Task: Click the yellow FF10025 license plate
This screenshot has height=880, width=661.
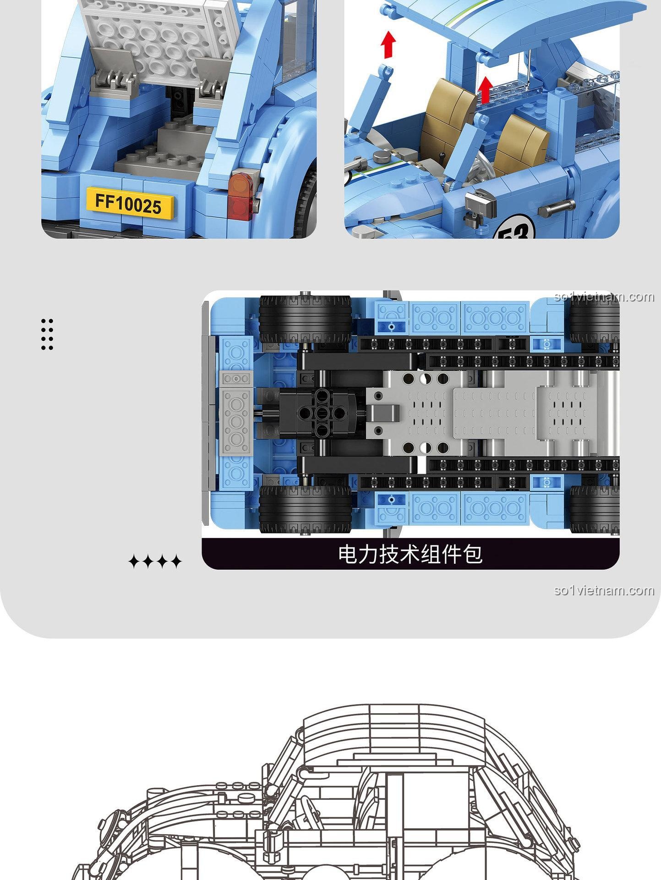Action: pyautogui.click(x=129, y=202)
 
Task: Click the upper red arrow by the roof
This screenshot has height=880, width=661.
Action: pyautogui.click(x=389, y=44)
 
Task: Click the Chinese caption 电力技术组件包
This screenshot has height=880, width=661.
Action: pyautogui.click(x=410, y=554)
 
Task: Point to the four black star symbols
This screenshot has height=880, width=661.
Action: pyautogui.click(x=155, y=561)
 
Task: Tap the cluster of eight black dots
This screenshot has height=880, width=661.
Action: pyautogui.click(x=47, y=334)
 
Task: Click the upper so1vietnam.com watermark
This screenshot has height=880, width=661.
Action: pyautogui.click(x=604, y=297)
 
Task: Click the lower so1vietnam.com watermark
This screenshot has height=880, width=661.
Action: pyautogui.click(x=604, y=590)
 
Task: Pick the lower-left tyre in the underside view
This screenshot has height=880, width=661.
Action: pyautogui.click(x=305, y=509)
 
